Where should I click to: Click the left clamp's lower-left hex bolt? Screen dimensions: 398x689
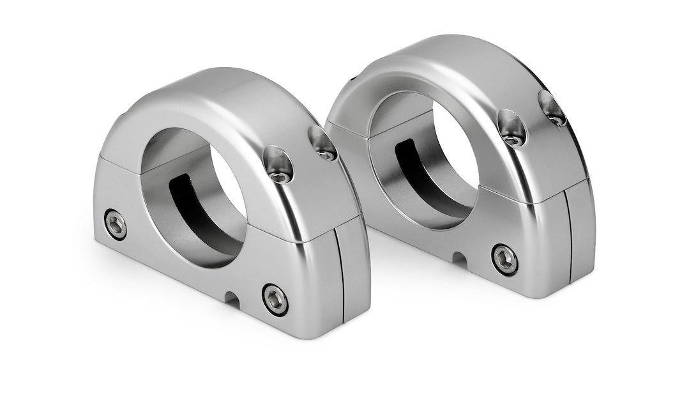point(116,224)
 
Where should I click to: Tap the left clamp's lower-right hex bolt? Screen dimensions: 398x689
point(275,299)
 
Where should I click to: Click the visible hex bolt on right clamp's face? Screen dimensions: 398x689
point(504,259)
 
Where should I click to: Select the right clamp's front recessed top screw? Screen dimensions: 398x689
point(512,130)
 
